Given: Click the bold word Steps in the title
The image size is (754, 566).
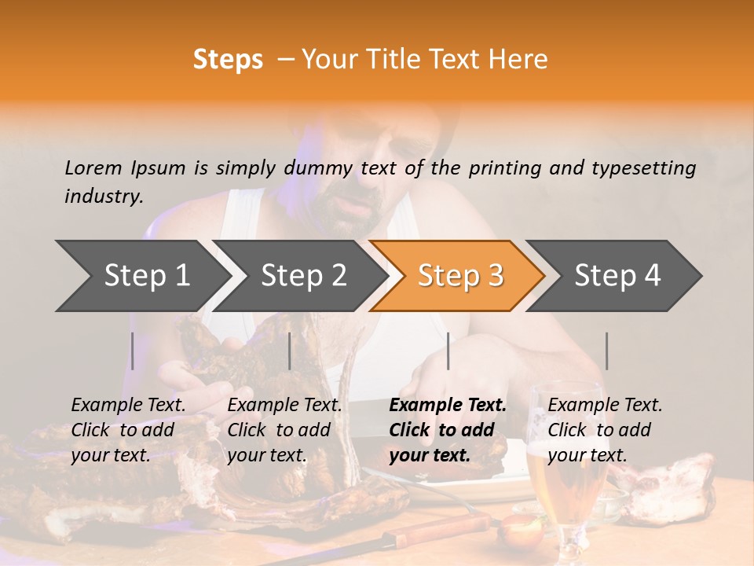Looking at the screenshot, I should [x=228, y=59].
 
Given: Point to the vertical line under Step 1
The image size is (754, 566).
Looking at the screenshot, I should [x=133, y=351].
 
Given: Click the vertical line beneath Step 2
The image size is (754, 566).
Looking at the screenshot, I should [x=290, y=351].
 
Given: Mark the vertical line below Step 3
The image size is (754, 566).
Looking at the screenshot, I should [x=448, y=351].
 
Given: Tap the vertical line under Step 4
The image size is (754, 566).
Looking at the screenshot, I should [x=607, y=351].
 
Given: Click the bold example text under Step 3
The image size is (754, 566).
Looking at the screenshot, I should [x=447, y=430].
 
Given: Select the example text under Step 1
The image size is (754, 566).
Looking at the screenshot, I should [x=128, y=430].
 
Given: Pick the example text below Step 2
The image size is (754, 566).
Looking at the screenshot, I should [x=284, y=430].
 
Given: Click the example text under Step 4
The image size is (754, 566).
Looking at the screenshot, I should [x=605, y=430].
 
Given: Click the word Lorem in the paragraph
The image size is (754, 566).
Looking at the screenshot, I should [x=93, y=167].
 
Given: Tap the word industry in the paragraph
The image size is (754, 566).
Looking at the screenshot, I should [x=103, y=196].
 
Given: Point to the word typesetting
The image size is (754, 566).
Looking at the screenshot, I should [x=643, y=168].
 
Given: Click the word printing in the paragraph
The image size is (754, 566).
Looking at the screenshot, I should [x=502, y=168].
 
